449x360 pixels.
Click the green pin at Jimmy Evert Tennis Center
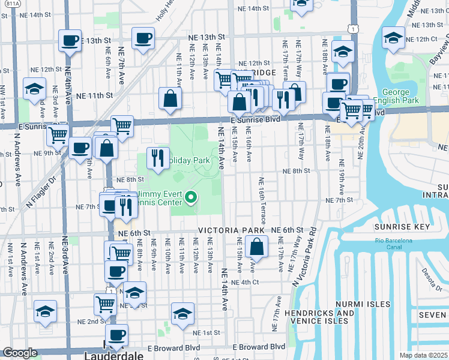(x=191, y=197)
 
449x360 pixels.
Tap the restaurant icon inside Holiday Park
(x=158, y=158)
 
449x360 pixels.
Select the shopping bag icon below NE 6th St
(x=256, y=246)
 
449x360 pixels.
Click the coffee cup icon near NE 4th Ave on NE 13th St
(x=70, y=41)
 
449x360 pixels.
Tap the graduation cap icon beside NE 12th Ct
(x=393, y=38)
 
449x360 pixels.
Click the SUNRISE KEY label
(x=402, y=227)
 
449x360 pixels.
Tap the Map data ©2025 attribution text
(x=423, y=355)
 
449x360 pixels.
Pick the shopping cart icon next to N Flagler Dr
(x=58, y=135)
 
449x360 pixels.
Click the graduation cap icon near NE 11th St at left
(x=34, y=89)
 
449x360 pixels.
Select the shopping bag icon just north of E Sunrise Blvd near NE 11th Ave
(x=170, y=100)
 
